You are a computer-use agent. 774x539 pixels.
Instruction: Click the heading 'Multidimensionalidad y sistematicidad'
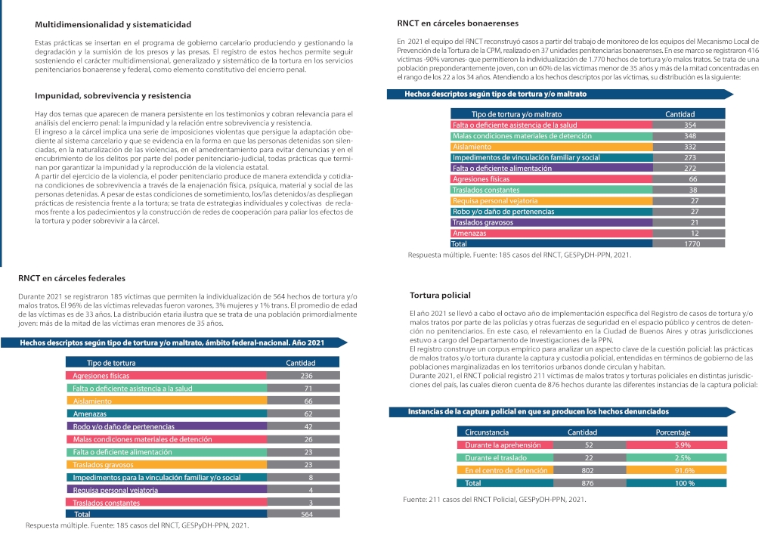(113, 26)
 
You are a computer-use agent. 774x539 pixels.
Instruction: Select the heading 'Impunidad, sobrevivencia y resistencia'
(113, 96)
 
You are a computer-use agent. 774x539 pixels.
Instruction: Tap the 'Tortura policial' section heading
(440, 295)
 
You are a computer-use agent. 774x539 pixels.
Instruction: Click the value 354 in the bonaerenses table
(689, 125)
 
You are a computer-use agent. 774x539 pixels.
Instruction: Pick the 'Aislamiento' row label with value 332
(471, 147)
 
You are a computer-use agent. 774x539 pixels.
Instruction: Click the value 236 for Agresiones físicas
(306, 376)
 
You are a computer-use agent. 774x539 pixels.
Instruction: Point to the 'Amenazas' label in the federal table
(89, 414)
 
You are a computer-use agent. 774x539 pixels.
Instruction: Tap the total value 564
(306, 515)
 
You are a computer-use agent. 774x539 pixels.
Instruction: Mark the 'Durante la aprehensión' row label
(497, 445)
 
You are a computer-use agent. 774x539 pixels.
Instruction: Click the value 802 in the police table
(590, 470)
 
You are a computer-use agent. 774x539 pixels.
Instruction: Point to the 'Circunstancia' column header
(487, 432)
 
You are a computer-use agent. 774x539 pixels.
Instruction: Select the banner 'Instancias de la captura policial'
(538, 412)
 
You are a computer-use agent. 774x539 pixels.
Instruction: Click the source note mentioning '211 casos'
(494, 500)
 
